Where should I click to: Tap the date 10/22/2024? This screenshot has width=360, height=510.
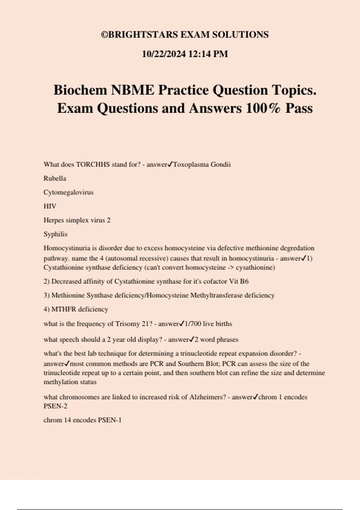164,54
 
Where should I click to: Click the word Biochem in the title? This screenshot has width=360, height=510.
80,90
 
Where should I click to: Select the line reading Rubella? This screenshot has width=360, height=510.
55,178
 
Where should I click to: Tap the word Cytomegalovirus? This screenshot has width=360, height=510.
68,192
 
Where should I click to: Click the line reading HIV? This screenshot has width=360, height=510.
50,206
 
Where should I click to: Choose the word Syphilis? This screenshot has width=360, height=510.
55,234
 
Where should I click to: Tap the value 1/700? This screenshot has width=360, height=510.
193,324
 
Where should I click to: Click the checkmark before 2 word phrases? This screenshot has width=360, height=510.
192,339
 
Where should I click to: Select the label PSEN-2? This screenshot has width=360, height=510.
55,406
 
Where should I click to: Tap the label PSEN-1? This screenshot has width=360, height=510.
109,420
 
